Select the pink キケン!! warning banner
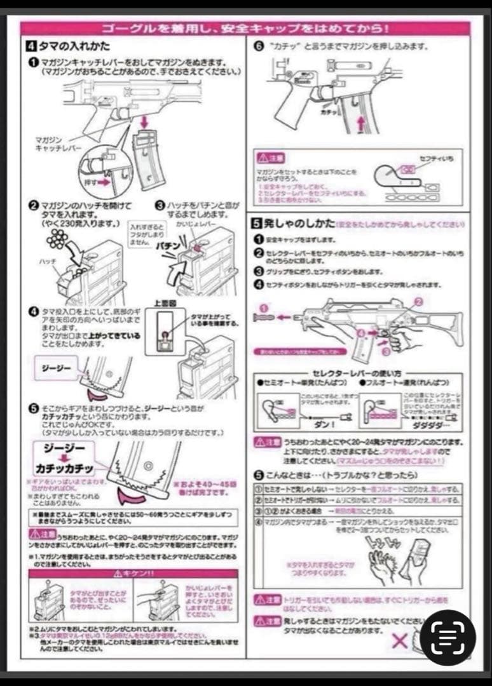click(x=133, y=573)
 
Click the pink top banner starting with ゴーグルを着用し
click(x=245, y=29)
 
